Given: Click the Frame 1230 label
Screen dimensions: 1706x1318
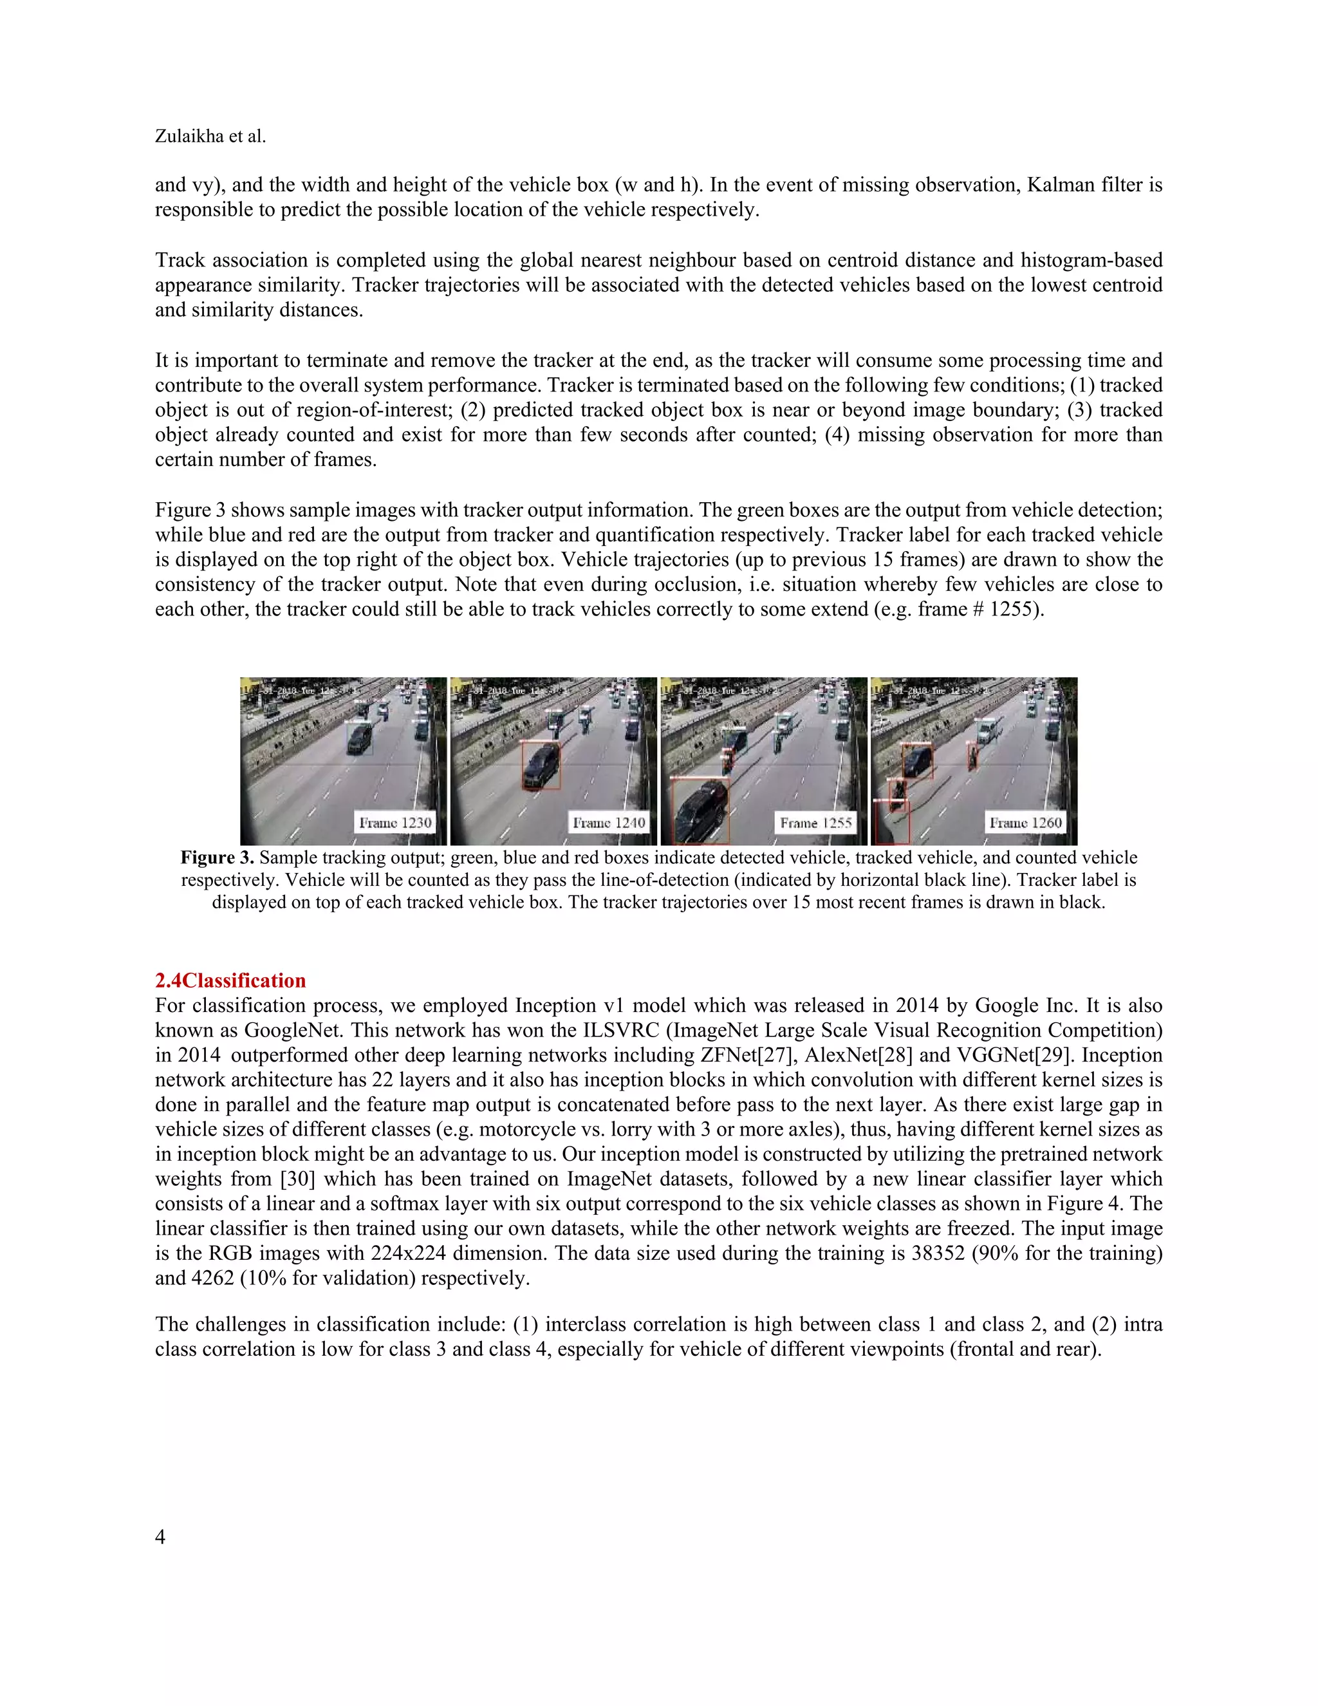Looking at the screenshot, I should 394,823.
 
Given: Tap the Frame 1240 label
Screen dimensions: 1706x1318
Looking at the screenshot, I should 609,823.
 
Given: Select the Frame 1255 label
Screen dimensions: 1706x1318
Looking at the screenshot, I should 816,823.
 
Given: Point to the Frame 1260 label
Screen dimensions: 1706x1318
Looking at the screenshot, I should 1025,823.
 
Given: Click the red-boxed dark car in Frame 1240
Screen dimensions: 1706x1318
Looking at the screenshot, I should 541,765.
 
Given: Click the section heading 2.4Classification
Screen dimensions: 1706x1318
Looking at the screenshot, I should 230,980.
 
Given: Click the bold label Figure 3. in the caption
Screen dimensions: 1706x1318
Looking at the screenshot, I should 217,858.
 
